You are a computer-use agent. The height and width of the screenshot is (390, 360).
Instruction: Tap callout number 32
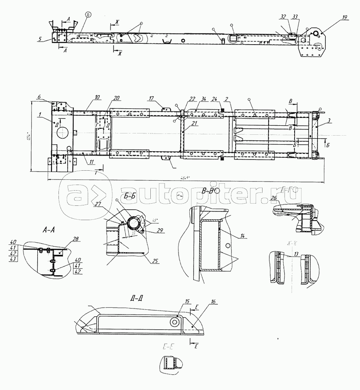point(283,17)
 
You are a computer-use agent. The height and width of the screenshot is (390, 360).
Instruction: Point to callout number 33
point(295,17)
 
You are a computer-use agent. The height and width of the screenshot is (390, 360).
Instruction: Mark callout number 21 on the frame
point(194,124)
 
